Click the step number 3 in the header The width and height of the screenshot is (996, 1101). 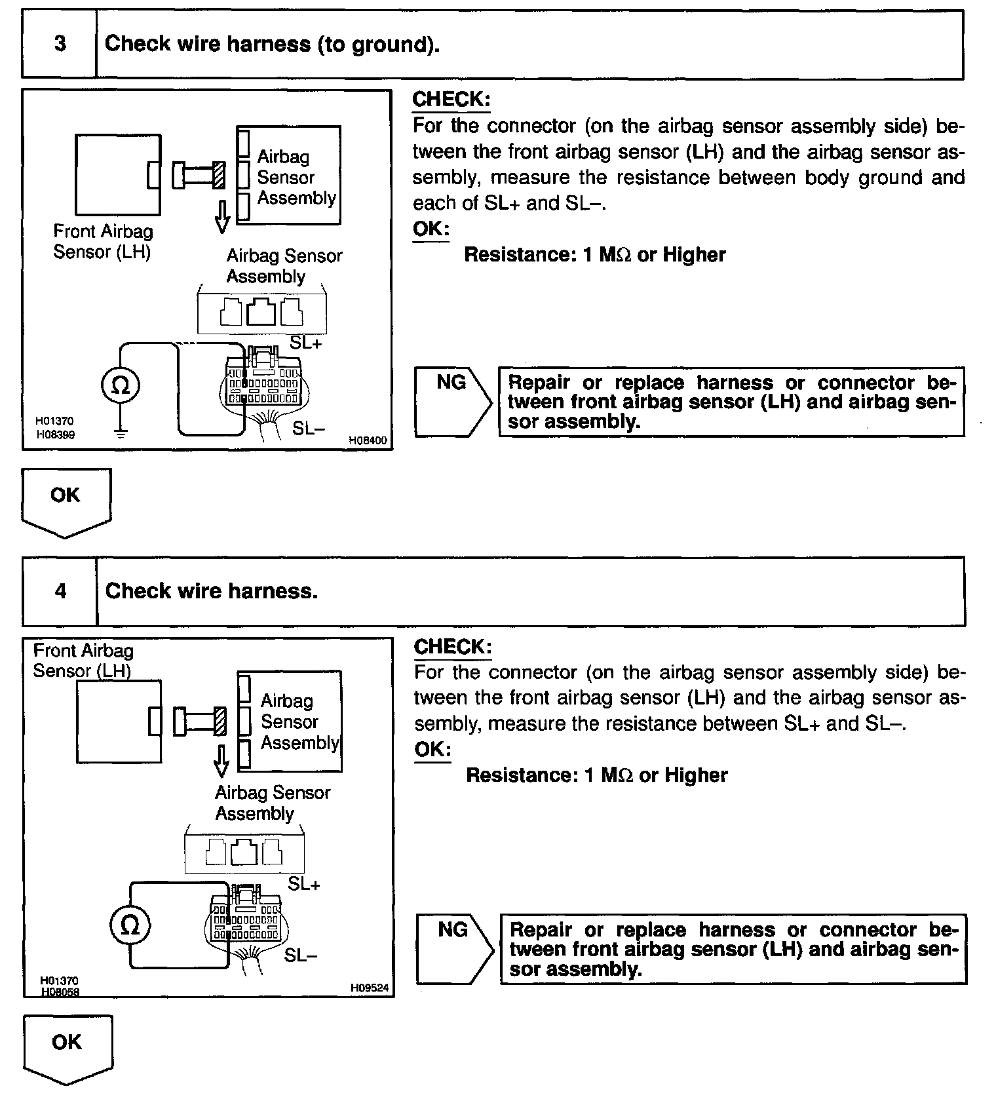(60, 44)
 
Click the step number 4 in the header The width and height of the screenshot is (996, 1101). (60, 591)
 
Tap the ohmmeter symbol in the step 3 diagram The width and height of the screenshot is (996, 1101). (121, 385)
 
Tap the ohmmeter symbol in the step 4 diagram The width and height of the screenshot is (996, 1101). (130, 925)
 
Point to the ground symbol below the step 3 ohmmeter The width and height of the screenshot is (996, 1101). (121, 433)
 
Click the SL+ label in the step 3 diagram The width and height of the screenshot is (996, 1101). (306, 343)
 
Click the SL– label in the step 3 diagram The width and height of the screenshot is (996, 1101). (309, 429)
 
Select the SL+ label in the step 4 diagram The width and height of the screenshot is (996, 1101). (304, 884)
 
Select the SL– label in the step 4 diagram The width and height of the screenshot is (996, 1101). (301, 956)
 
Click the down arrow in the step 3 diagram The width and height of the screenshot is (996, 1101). (222, 217)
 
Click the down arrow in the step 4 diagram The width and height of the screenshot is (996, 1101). (221, 761)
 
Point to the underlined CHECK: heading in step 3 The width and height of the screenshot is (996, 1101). (451, 100)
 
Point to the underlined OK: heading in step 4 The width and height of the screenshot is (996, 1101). (432, 749)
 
